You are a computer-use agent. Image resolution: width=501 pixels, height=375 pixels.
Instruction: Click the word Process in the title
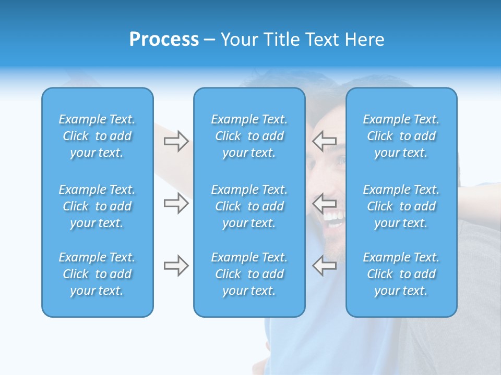164,40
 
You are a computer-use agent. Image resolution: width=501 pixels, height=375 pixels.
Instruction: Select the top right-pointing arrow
176,141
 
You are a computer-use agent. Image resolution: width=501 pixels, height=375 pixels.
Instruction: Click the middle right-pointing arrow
176,203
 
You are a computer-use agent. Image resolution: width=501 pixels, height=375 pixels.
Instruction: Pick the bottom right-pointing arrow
176,266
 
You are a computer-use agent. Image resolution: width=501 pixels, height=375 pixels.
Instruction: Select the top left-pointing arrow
324,140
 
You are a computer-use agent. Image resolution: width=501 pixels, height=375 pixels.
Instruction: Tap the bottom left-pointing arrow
324,265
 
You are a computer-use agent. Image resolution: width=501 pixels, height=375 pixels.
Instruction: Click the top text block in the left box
97,136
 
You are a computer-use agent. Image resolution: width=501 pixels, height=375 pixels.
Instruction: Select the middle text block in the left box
97,206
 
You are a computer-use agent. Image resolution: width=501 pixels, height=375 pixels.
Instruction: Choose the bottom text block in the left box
97,274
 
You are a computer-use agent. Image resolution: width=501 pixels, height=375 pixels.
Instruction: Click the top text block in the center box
249,136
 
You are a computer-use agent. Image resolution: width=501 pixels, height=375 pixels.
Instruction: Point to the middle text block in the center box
249,206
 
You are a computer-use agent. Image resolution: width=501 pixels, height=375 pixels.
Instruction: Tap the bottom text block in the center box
249,274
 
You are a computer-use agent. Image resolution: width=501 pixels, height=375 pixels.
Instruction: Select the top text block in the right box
401,136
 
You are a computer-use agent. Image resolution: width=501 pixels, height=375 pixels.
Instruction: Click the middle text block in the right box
401,206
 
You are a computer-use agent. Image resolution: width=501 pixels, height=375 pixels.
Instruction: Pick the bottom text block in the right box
401,274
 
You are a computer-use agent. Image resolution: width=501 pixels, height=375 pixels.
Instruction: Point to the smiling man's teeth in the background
334,215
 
